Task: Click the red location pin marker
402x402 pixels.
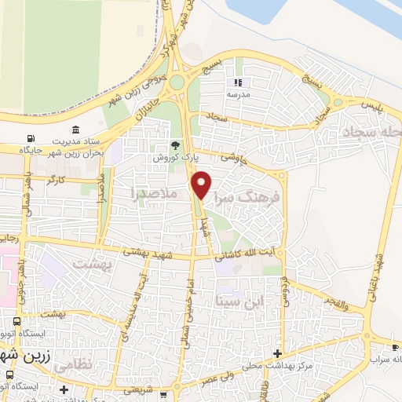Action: [202, 183]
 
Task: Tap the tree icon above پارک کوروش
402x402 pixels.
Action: [176, 145]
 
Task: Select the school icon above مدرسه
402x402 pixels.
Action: [238, 82]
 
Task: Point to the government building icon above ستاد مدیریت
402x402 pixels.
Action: [75, 130]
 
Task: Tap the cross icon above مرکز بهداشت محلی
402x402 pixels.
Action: [276, 353]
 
